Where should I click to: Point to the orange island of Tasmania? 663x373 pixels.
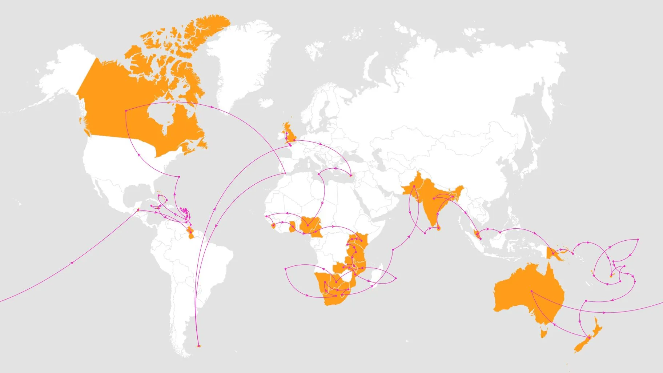544,333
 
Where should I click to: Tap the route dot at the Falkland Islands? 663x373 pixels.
198,346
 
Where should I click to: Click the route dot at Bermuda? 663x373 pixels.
179,177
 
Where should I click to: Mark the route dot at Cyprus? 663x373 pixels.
351,176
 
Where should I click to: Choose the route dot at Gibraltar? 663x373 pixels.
285,173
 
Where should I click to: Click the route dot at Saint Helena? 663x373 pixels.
286,269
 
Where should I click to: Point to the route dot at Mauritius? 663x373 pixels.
396,278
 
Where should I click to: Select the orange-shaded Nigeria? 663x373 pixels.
309,224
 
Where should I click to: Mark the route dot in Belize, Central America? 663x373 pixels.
138,210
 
